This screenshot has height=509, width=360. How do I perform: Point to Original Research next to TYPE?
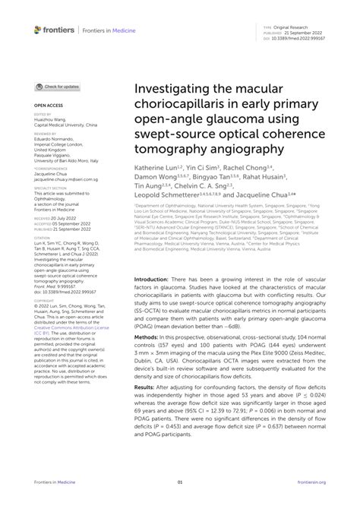pos(296,25)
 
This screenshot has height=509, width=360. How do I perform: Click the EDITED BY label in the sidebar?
pos(43,115)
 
